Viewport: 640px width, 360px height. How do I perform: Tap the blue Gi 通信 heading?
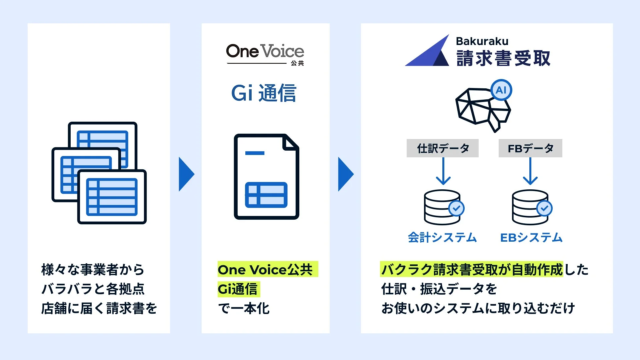tap(264, 93)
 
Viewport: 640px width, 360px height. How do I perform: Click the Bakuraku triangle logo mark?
tap(428, 52)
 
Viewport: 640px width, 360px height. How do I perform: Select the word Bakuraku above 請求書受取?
tap(482, 41)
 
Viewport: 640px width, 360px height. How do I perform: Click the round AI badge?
tap(501, 90)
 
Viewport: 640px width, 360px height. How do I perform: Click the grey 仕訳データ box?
tap(442, 148)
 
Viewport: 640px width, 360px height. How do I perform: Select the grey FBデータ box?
tap(530, 148)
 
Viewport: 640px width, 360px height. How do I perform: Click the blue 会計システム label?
tap(442, 238)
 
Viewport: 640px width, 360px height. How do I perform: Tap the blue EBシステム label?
tap(531, 238)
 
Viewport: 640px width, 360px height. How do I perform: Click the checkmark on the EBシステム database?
tap(544, 209)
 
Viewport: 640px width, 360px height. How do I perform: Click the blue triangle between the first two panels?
tap(186, 174)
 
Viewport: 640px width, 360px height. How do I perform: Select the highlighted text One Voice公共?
tap(266, 269)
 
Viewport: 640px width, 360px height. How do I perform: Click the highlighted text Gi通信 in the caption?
tap(238, 289)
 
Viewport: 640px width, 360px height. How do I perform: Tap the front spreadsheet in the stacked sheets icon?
tap(112, 197)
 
